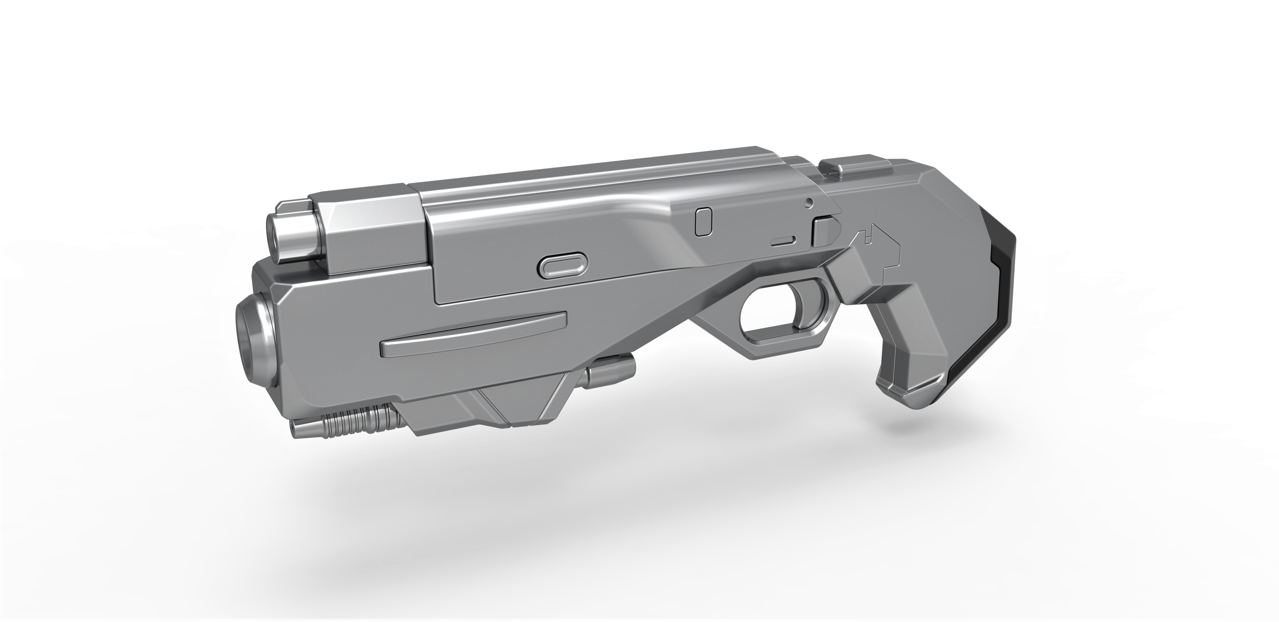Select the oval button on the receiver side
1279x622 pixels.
(562, 267)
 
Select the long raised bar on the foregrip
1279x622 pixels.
(472, 335)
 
